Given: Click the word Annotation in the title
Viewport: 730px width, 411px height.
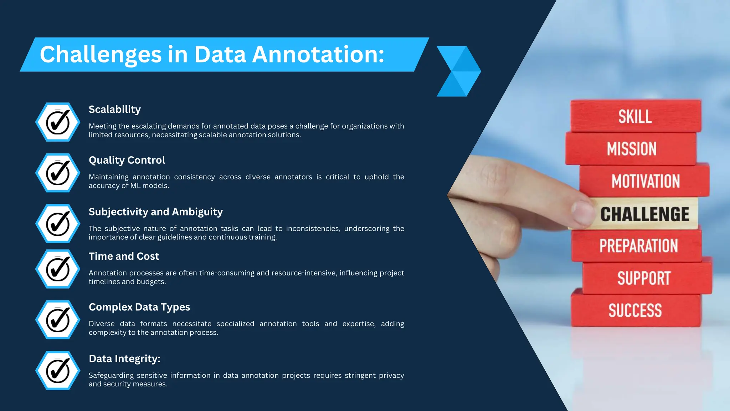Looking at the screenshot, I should coord(318,55).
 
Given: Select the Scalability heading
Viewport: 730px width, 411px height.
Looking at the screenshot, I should coord(115,109).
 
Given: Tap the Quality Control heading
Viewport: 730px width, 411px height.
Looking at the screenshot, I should coord(127,160).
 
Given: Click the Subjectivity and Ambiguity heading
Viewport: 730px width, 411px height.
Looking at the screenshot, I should coord(156,212).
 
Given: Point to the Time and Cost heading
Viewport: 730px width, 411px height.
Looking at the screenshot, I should coord(124,256).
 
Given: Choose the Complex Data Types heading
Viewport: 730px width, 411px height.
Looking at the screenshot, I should coord(139,307).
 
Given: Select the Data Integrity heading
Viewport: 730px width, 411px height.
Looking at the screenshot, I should coord(124,359).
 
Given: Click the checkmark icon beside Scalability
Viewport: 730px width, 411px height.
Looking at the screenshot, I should coord(58,122).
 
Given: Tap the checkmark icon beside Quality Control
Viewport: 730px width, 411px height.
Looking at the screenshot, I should coord(58,173).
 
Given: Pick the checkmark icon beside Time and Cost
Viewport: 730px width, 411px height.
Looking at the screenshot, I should coord(58,269).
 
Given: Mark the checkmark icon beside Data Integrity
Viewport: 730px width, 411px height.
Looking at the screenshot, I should coord(58,370).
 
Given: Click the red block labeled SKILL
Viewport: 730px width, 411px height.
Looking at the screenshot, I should coord(635,116).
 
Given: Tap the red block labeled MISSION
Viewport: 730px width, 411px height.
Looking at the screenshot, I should coord(631,149).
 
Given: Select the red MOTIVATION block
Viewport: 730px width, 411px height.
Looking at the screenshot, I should coord(645,181).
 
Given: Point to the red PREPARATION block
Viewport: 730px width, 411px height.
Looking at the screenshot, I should coord(638,246).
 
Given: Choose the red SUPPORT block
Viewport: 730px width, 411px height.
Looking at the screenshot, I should coord(644,278).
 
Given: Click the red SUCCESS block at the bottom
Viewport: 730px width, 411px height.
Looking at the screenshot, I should coord(635,310).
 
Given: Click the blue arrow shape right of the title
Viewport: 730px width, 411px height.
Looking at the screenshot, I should coord(459,71).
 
